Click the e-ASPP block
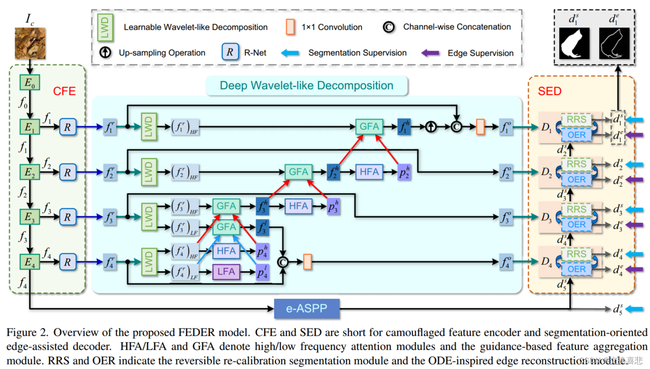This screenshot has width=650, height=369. coord(306,308)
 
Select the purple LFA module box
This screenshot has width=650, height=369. coord(226,271)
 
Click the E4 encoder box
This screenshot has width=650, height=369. coord(29,262)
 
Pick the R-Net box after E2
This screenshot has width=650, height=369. coord(68,172)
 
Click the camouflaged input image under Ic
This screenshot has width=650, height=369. coord(30,43)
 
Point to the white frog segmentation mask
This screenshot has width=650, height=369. coord(574,43)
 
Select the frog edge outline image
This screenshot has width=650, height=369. coord(614,43)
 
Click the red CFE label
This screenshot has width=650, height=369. coord(64,91)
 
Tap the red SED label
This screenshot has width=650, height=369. coord(549,91)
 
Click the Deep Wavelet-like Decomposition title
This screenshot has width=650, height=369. coord(306,86)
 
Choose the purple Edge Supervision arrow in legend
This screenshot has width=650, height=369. coord(430,53)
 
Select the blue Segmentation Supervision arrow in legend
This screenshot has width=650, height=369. coord(291,53)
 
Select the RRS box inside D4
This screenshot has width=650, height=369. coord(576,254)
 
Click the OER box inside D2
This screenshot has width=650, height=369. coord(576,179)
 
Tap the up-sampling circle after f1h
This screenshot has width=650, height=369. coord(431,127)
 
